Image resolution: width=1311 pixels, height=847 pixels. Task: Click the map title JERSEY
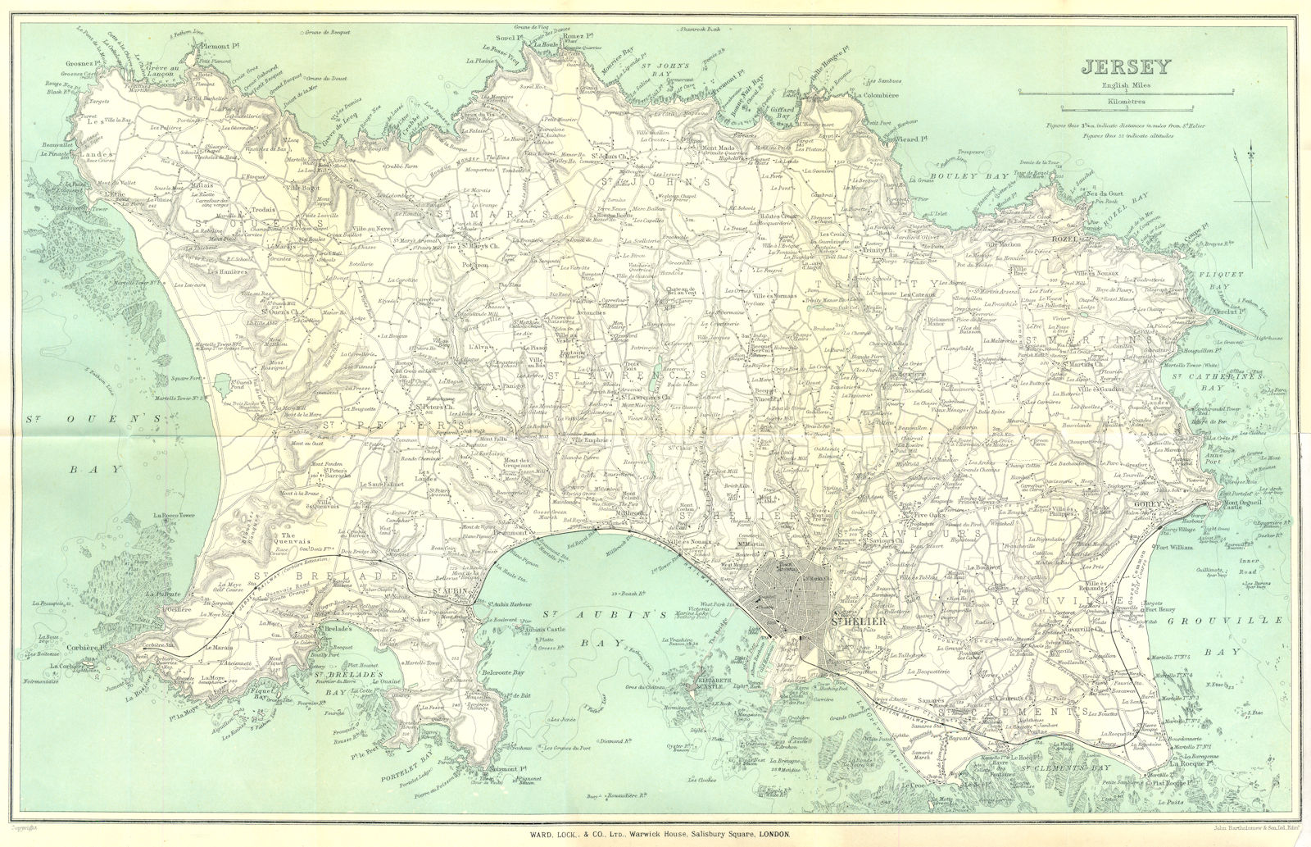pos(1115,67)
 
